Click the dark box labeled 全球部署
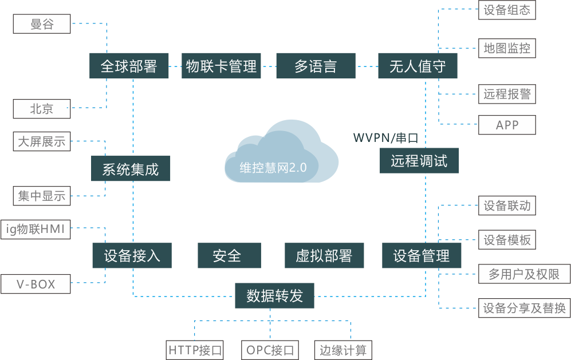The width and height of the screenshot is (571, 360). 129,66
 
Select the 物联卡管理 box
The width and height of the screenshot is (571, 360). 221,66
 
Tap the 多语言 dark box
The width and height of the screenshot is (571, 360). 316,66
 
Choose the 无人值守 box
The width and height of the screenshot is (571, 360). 418,66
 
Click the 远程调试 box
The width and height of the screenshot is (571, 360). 419,160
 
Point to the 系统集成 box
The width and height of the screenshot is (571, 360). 131,168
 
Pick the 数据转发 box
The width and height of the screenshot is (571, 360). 274,295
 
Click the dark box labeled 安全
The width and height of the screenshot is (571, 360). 230,255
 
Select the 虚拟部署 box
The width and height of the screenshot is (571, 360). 324,255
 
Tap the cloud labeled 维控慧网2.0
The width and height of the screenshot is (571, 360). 281,153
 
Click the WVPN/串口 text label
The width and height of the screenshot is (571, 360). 385,138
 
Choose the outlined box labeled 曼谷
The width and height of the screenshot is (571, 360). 42,24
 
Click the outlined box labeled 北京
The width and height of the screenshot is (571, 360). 42,109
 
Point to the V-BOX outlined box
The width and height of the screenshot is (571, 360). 36,284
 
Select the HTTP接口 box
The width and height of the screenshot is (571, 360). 195,350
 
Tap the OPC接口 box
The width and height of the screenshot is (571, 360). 270,350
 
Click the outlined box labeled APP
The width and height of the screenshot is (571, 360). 507,125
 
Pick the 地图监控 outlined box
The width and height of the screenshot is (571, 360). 507,48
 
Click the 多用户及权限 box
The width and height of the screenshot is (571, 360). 525,274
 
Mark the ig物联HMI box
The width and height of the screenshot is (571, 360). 36,230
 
